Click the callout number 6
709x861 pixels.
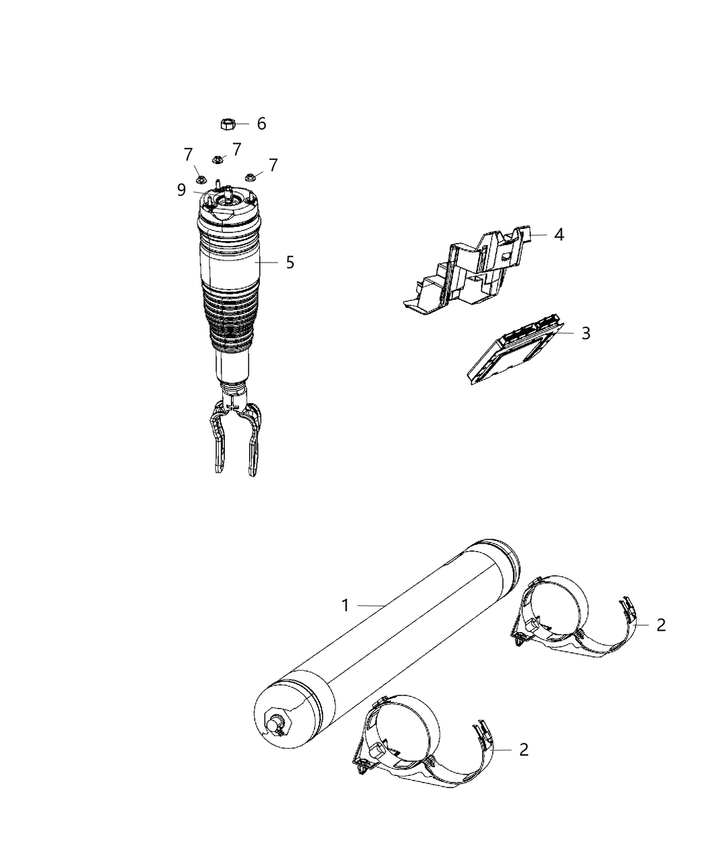pos(261,124)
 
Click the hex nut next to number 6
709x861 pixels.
pos(227,124)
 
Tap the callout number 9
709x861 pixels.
pos(182,190)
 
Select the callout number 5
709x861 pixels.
pos(290,262)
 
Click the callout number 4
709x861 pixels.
pos(558,234)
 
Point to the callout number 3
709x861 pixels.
pos(585,333)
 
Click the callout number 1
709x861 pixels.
pos(345,605)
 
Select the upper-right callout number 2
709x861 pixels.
pos(660,625)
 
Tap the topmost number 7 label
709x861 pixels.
pos(236,149)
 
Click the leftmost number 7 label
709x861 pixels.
pos(188,155)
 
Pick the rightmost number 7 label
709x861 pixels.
pos(273,165)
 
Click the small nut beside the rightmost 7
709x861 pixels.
pos(250,177)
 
